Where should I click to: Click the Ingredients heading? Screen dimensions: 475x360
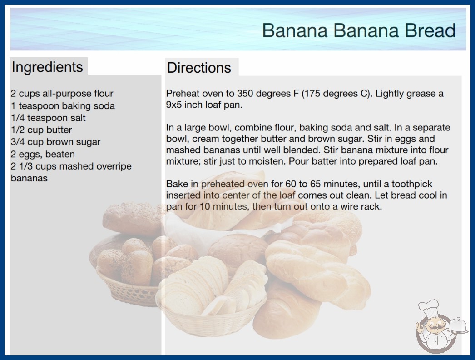coord(47,67)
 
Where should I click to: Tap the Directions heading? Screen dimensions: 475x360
coord(199,68)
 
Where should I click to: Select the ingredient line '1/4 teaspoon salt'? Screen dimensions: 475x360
coord(48,118)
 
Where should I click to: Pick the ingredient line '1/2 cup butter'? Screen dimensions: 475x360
coord(41,130)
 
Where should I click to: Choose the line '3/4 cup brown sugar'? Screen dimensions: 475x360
coord(55,142)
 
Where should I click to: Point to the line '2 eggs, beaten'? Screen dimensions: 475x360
coord(43,155)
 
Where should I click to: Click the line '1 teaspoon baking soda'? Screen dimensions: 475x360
coord(63,106)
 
